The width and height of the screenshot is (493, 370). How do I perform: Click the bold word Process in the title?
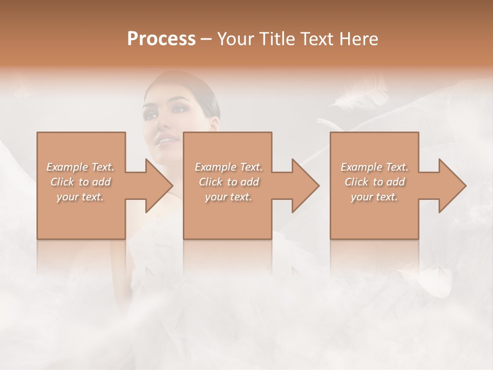(x=161, y=39)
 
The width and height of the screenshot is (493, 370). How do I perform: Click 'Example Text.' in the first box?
(x=81, y=167)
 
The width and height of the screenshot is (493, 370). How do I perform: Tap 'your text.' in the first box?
(x=81, y=197)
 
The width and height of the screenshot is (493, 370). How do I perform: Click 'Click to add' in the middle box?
(x=229, y=182)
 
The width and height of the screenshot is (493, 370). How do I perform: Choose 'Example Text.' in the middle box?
(x=229, y=167)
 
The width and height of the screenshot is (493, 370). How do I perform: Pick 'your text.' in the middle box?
(x=229, y=197)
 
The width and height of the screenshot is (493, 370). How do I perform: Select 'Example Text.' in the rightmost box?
(x=374, y=167)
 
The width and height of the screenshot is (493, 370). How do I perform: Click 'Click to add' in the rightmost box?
(x=374, y=182)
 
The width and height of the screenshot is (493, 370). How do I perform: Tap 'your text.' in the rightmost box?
(x=374, y=197)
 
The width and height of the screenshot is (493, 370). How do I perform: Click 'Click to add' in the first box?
(x=81, y=182)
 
